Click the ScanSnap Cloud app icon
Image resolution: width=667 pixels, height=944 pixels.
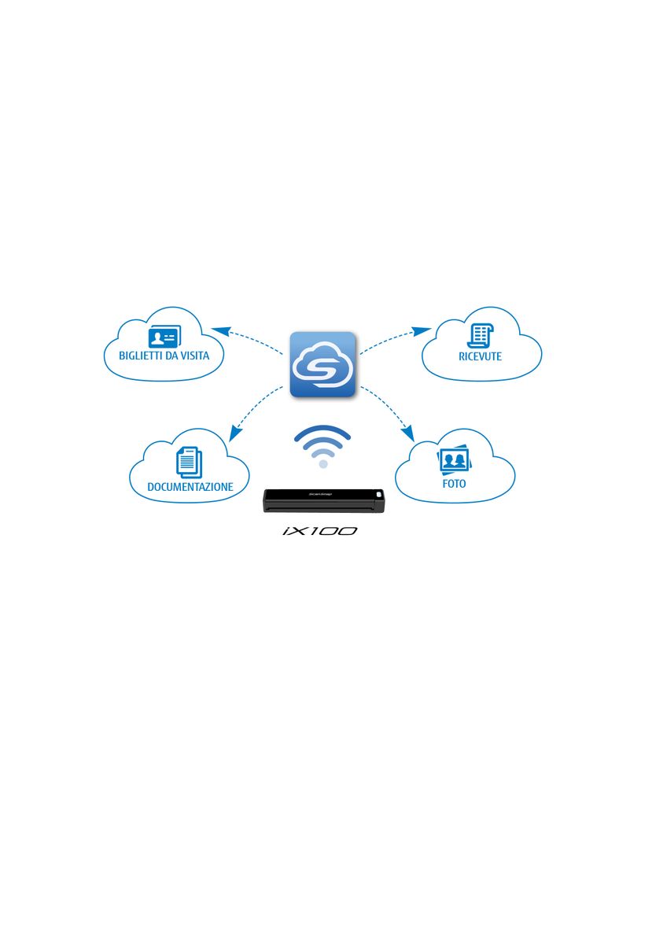[x=322, y=364]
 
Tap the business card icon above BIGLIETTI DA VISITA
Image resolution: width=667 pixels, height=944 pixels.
[x=164, y=337]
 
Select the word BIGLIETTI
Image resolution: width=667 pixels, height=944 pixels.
[x=141, y=356]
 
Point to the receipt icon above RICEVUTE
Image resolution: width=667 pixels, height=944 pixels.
[x=481, y=337]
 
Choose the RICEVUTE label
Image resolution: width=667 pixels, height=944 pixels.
[x=481, y=356]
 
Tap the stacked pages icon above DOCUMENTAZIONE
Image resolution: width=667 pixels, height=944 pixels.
[x=189, y=463]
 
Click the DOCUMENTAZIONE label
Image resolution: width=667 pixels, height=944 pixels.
[x=190, y=487]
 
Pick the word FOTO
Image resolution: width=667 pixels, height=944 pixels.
[x=454, y=483]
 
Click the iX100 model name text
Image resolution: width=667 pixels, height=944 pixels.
[x=320, y=531]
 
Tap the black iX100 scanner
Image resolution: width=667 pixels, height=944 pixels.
[x=323, y=500]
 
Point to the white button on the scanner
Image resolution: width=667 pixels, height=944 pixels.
[x=379, y=493]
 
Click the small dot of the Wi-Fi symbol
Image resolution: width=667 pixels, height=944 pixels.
[x=323, y=464]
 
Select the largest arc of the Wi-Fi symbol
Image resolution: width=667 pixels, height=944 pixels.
[x=322, y=433]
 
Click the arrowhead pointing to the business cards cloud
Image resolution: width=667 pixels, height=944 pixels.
[x=220, y=330]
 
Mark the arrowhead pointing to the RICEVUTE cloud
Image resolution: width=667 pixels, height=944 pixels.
[x=422, y=331]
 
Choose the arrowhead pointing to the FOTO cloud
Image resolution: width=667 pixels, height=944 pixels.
[x=408, y=433]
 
